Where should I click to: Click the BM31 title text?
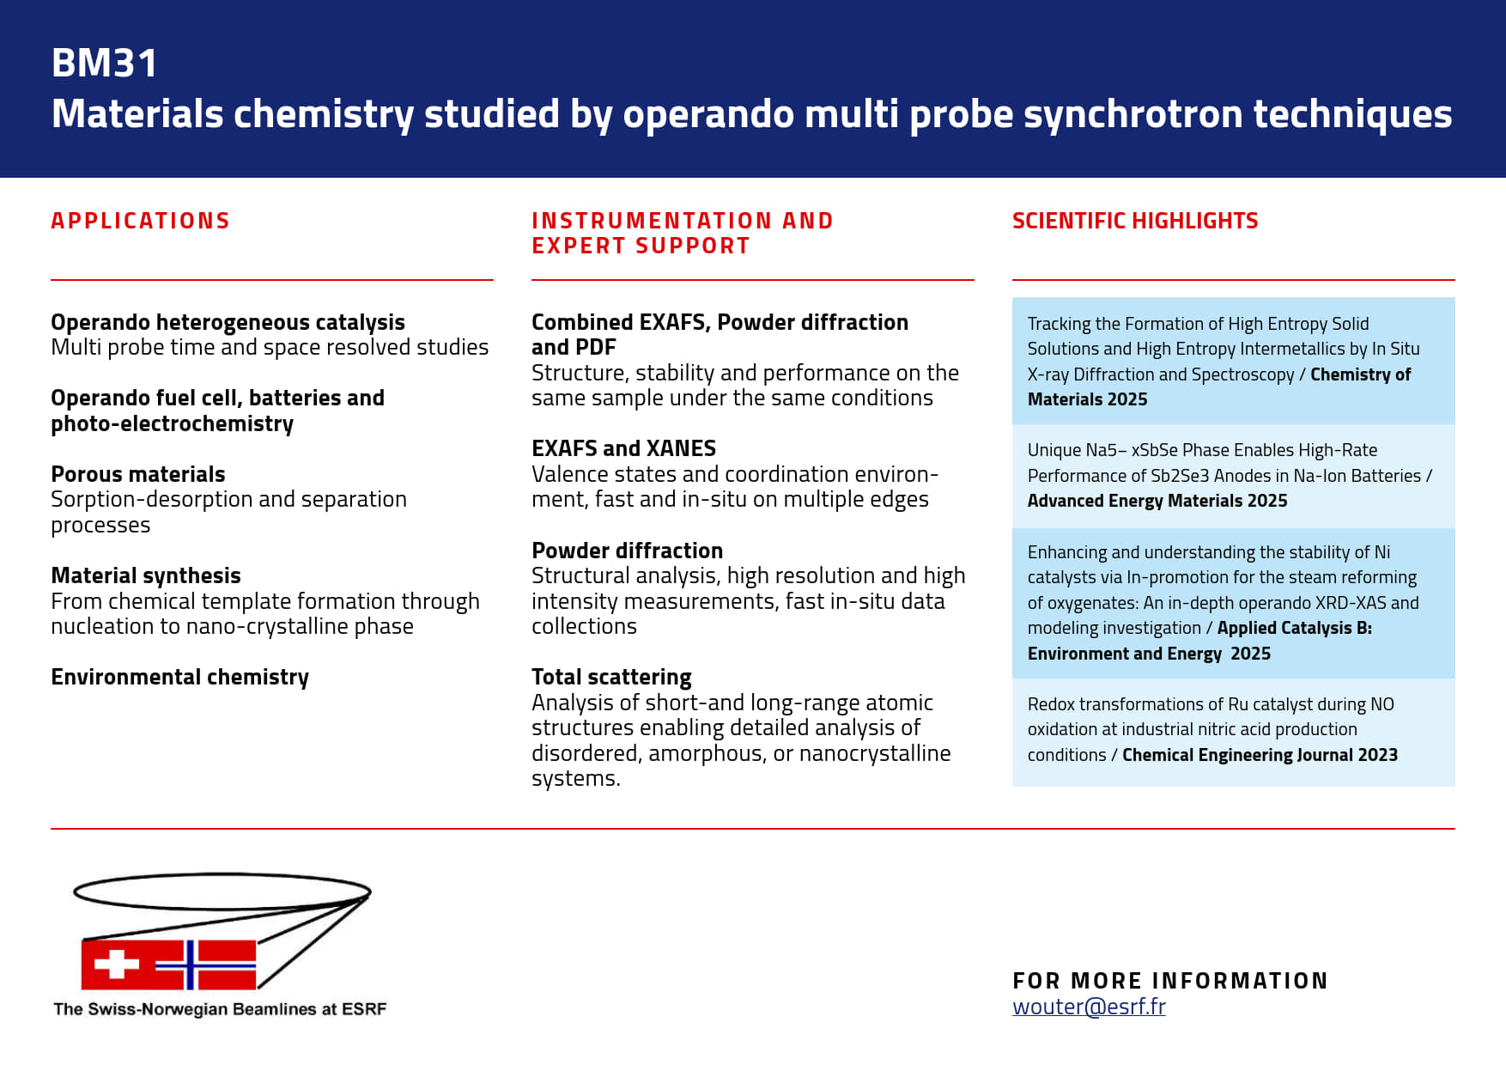[105, 63]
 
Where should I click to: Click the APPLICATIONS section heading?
[140, 221]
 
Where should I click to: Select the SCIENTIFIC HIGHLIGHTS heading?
[1134, 221]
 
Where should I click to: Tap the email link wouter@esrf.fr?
[1088, 1007]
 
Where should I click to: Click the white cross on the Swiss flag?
[117, 964]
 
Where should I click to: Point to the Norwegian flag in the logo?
[206, 965]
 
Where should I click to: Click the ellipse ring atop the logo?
[222, 892]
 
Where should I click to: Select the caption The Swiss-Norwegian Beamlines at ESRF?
[220, 1009]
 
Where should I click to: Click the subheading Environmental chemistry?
[179, 677]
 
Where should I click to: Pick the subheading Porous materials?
[137, 474]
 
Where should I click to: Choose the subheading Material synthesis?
[145, 575]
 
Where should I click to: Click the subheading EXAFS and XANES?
[623, 448]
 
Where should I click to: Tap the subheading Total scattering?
[611, 677]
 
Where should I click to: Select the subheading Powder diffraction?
[627, 551]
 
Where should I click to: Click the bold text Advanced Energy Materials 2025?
[1157, 501]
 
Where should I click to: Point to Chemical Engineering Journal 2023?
[1260, 755]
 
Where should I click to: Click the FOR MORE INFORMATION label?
[1169, 981]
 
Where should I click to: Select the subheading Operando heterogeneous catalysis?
[228, 322]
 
